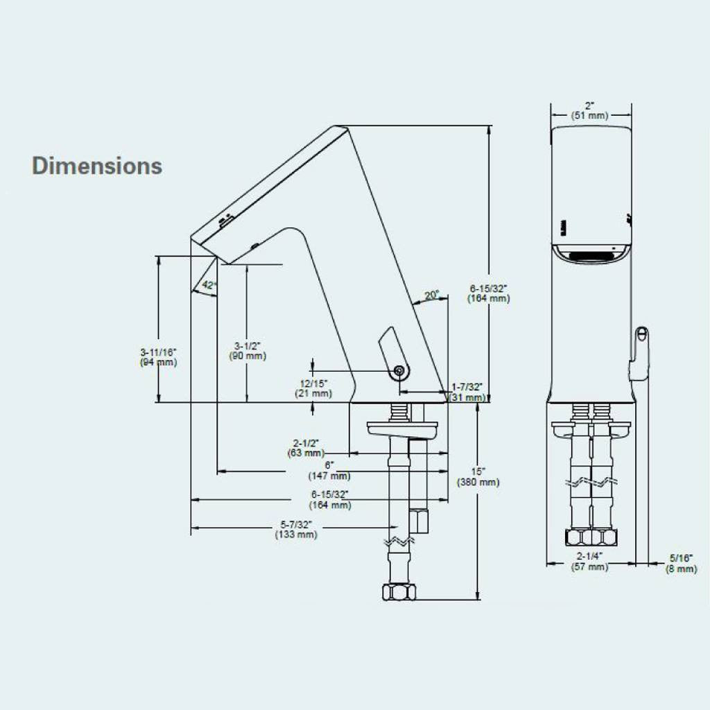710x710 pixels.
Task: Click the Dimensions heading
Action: pyautogui.click(x=97, y=166)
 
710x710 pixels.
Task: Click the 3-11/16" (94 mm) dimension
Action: pyautogui.click(x=159, y=357)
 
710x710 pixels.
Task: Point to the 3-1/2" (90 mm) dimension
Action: pyautogui.click(x=248, y=351)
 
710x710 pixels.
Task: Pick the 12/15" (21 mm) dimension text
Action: pyautogui.click(x=313, y=388)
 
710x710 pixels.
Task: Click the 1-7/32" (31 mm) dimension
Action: pyautogui.click(x=468, y=392)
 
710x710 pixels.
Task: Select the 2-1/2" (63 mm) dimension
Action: pyautogui.click(x=305, y=448)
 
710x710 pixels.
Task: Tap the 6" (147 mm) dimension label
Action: pyautogui.click(x=329, y=471)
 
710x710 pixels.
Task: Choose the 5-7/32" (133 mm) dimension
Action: pyautogui.click(x=296, y=529)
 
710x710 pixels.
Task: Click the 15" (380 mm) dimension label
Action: pyautogui.click(x=478, y=476)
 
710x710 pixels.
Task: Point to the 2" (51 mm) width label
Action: pyautogui.click(x=589, y=111)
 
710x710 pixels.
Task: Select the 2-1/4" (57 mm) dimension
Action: pyautogui.click(x=589, y=562)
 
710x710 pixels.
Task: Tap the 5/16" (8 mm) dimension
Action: pyautogui.click(x=681, y=563)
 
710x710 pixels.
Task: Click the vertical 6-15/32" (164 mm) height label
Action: pyautogui.click(x=489, y=293)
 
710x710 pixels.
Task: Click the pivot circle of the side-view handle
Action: pyautogui.click(x=399, y=372)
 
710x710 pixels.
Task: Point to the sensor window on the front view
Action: pyautogui.click(x=589, y=255)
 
